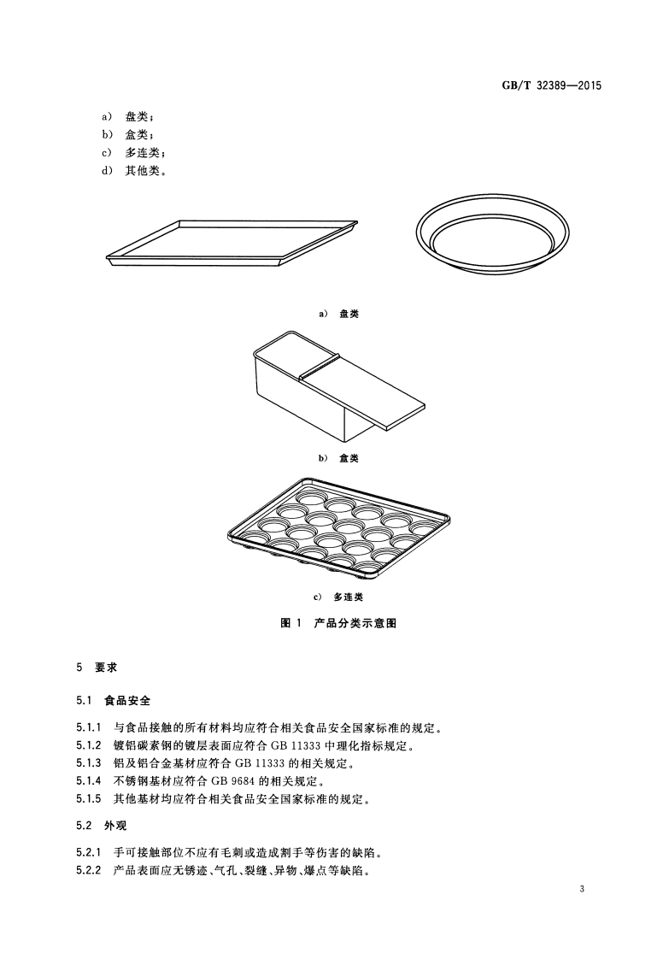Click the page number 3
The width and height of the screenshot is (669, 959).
(x=581, y=891)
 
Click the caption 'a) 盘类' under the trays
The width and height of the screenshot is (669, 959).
(x=338, y=314)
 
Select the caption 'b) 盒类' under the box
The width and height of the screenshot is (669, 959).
(x=338, y=458)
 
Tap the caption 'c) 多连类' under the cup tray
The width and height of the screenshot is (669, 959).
(x=338, y=597)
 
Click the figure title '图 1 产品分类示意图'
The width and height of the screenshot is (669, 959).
(x=338, y=623)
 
